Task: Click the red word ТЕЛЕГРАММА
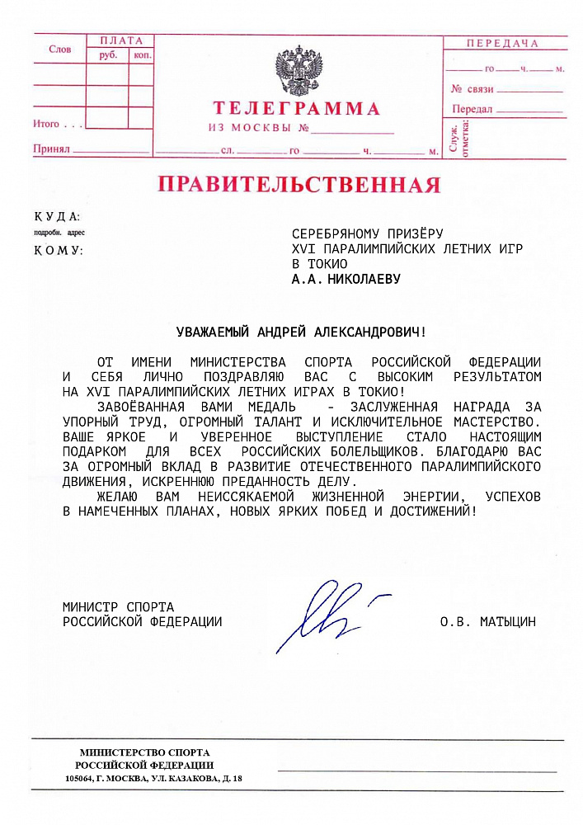pos(296,109)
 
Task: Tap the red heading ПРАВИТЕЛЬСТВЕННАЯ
pos(299,184)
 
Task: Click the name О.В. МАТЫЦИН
pos(487,622)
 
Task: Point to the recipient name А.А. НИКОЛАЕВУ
pos(346,279)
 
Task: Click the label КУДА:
pos(57,217)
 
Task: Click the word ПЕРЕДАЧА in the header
pos(502,44)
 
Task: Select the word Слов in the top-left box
pos(59,49)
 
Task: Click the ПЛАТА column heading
pos(120,40)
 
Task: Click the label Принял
pos(50,150)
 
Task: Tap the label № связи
pos(472,88)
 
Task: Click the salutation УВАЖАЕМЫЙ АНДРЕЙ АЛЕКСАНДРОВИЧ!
pos(302,332)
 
